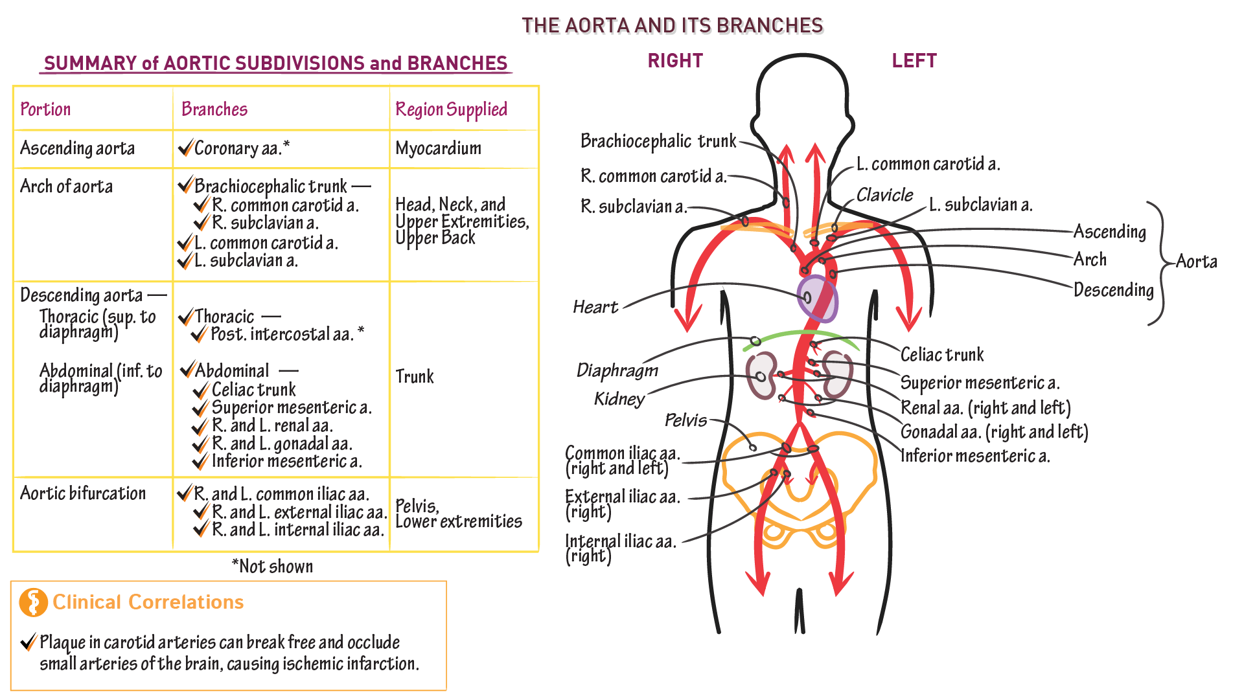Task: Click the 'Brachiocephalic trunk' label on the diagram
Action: [x=658, y=141]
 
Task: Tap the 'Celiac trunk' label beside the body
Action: [x=942, y=355]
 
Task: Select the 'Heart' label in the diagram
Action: [x=595, y=307]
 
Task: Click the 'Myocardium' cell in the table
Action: [x=438, y=148]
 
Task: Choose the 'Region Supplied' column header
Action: [x=451, y=109]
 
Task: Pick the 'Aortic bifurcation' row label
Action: [x=83, y=493]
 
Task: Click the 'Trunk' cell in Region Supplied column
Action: [x=415, y=377]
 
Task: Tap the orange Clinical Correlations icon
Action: [x=34, y=602]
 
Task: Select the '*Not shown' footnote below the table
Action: [x=272, y=567]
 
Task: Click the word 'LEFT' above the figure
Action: [x=914, y=61]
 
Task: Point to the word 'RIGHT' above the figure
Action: [x=675, y=61]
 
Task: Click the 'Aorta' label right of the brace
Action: [x=1196, y=262]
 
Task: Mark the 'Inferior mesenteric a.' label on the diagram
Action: [x=975, y=456]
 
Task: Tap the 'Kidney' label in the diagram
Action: [x=619, y=399]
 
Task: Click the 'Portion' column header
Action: [x=45, y=109]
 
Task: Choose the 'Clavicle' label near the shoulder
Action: [x=884, y=195]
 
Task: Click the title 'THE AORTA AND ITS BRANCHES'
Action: [x=673, y=25]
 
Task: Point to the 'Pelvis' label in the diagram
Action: [x=685, y=421]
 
